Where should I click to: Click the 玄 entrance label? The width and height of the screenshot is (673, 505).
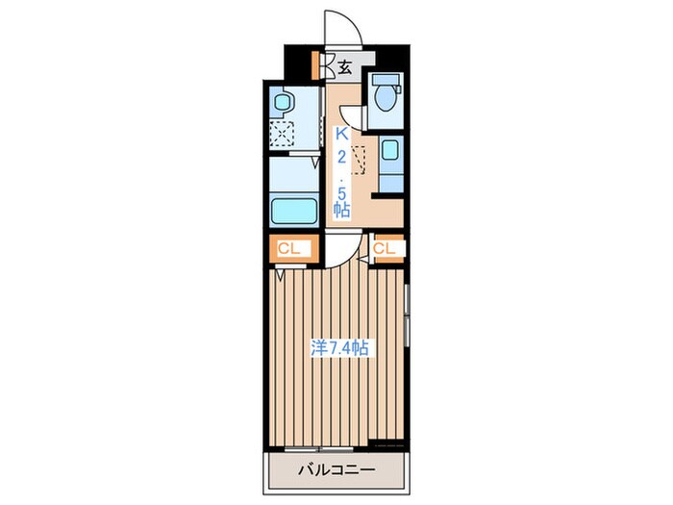point(344,67)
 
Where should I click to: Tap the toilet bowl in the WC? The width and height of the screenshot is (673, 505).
point(385,98)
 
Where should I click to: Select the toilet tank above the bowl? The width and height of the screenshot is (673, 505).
point(386,80)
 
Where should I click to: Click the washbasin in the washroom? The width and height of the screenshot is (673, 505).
point(283,103)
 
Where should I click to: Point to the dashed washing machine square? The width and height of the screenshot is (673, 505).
point(282,134)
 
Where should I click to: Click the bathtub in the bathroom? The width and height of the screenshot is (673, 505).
point(294,212)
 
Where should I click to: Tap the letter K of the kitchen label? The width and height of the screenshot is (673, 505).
point(342,134)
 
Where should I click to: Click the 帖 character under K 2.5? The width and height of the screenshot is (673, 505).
point(342,210)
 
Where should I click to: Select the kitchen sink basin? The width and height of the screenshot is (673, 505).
point(390,150)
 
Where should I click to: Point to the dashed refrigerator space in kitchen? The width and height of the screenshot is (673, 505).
point(358,160)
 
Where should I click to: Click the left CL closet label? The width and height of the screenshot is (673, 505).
point(288,248)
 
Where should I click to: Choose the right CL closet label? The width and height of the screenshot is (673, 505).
point(385,248)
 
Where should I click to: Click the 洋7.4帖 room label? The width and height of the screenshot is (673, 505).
point(339,348)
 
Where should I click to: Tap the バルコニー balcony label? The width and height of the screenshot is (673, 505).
point(336,469)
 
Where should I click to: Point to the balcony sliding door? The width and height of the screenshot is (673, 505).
point(318,449)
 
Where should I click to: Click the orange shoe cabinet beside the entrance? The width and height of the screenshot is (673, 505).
point(315,65)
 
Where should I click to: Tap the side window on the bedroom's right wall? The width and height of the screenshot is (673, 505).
point(407,316)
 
